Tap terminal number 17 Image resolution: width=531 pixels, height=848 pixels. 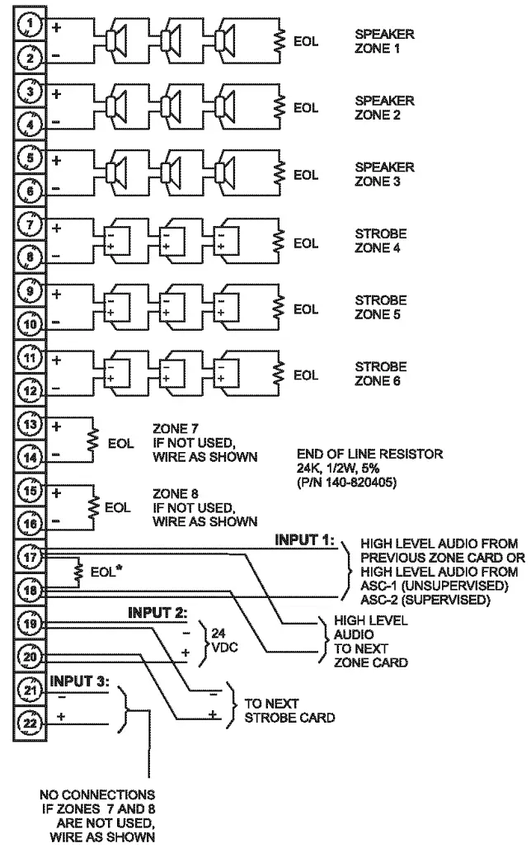pyautogui.click(x=30, y=558)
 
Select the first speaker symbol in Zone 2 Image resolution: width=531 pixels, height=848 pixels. pyautogui.click(x=116, y=106)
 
